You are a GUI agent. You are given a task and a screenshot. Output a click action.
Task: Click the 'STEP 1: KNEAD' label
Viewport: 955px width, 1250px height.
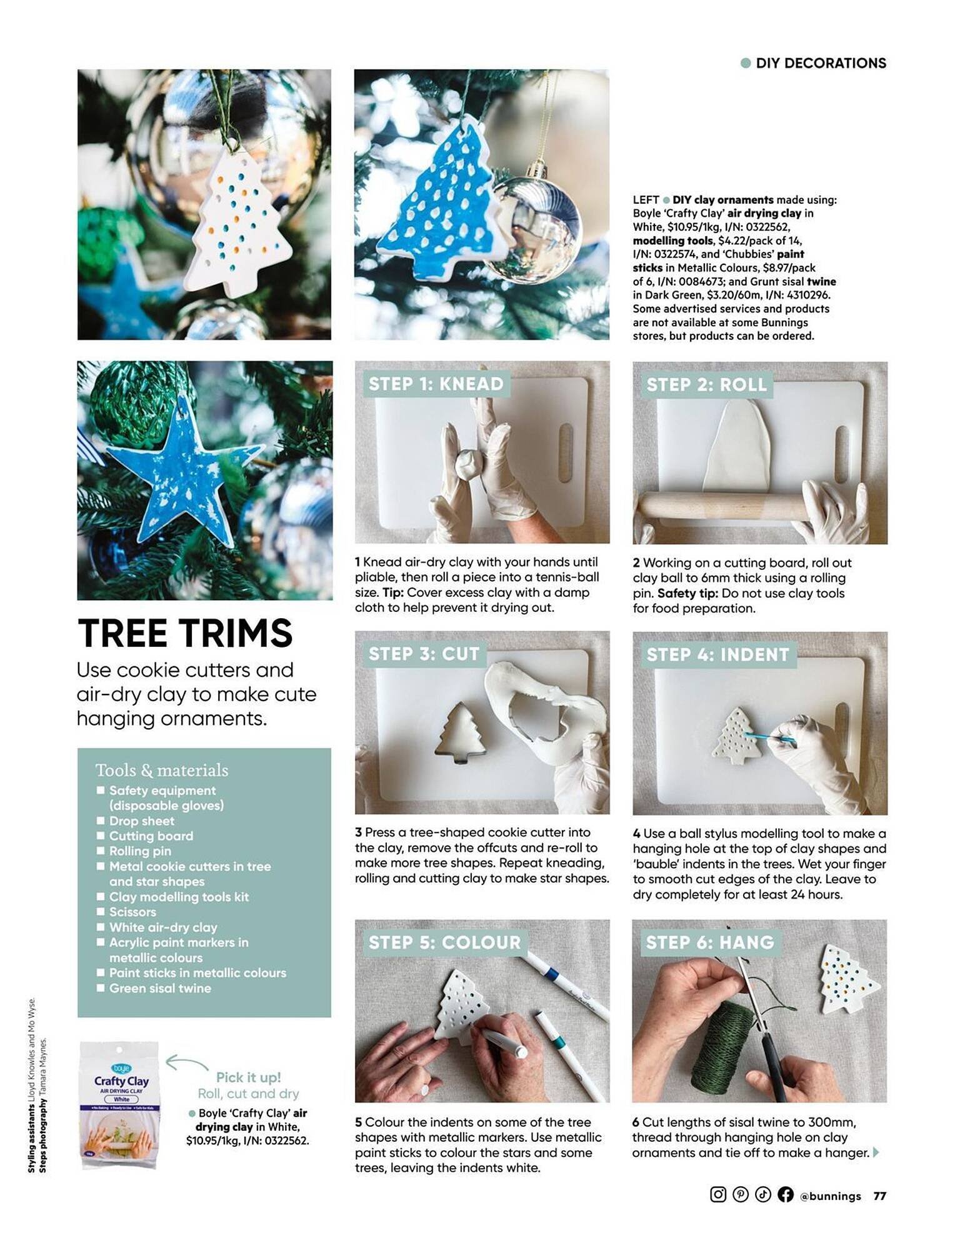pyautogui.click(x=436, y=384)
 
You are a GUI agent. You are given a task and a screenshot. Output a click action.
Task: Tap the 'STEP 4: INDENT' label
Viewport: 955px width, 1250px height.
pyautogui.click(x=717, y=654)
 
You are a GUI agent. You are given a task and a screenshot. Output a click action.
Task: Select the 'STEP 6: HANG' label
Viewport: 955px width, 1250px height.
pyautogui.click(x=709, y=942)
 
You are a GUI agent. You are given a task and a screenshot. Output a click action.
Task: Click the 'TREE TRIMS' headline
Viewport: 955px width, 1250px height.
pyautogui.click(x=185, y=632)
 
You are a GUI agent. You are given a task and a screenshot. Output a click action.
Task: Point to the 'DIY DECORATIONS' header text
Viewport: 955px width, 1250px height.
pyautogui.click(x=820, y=63)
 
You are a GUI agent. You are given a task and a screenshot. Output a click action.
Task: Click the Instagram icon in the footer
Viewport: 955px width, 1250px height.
pyautogui.click(x=718, y=1194)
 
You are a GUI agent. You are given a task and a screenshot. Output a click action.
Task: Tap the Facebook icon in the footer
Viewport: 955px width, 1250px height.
pyautogui.click(x=785, y=1194)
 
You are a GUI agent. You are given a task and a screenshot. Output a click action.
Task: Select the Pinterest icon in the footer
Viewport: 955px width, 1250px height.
pyautogui.click(x=741, y=1194)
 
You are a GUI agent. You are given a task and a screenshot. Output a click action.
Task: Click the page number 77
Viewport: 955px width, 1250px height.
pyautogui.click(x=879, y=1196)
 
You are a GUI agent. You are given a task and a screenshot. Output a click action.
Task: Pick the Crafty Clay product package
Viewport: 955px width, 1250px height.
pyautogui.click(x=120, y=1104)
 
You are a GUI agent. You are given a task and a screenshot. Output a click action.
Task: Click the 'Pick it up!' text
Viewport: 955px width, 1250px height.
pyautogui.click(x=248, y=1077)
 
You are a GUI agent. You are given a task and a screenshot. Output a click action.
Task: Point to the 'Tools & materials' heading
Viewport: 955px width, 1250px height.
pyautogui.click(x=162, y=770)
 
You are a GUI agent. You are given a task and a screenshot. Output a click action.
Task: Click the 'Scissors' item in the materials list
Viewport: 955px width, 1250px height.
pyautogui.click(x=132, y=912)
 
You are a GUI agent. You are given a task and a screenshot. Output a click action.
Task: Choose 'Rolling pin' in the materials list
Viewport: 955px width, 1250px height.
pyautogui.click(x=140, y=851)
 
